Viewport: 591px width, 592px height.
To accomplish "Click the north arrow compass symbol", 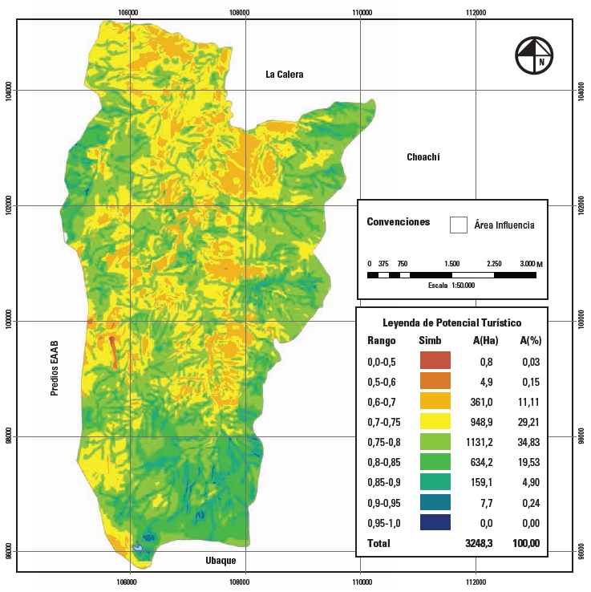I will [x=536, y=56].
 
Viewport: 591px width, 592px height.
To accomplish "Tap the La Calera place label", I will [x=285, y=75].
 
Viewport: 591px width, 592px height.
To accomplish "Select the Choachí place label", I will [x=424, y=157].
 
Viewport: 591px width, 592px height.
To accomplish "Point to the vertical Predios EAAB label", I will [x=55, y=368].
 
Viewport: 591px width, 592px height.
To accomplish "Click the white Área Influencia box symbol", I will [x=458, y=225].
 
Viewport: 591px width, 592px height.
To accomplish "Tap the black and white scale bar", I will [x=451, y=275].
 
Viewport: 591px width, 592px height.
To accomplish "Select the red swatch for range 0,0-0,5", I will [x=435, y=360].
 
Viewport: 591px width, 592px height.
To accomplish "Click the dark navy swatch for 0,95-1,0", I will [x=435, y=522].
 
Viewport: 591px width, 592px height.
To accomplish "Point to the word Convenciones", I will [x=398, y=222].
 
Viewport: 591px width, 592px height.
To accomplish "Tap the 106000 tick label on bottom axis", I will [x=128, y=581].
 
